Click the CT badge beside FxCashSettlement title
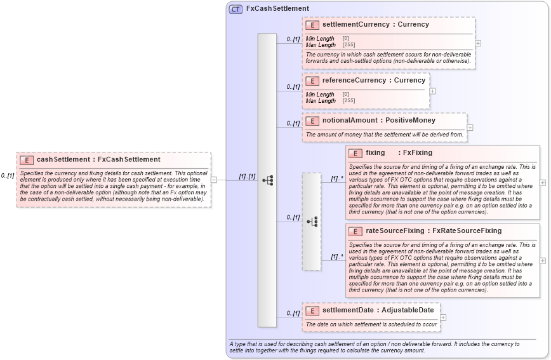236,9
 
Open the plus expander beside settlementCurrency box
478,43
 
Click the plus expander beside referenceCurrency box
432,91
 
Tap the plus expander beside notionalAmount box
470,128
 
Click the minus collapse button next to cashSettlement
214,180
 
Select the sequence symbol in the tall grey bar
267,180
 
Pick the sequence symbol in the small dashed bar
312,221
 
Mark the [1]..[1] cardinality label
247,177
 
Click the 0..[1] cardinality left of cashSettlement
8,176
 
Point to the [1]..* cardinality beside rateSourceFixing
336,257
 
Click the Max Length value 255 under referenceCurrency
349,101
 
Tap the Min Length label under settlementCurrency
320,39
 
